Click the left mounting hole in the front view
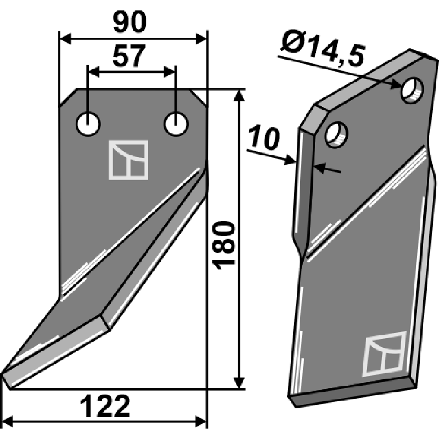88,125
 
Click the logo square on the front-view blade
128,160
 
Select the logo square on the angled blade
384,354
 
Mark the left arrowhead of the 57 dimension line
92,71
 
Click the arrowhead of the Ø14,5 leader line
399,85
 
